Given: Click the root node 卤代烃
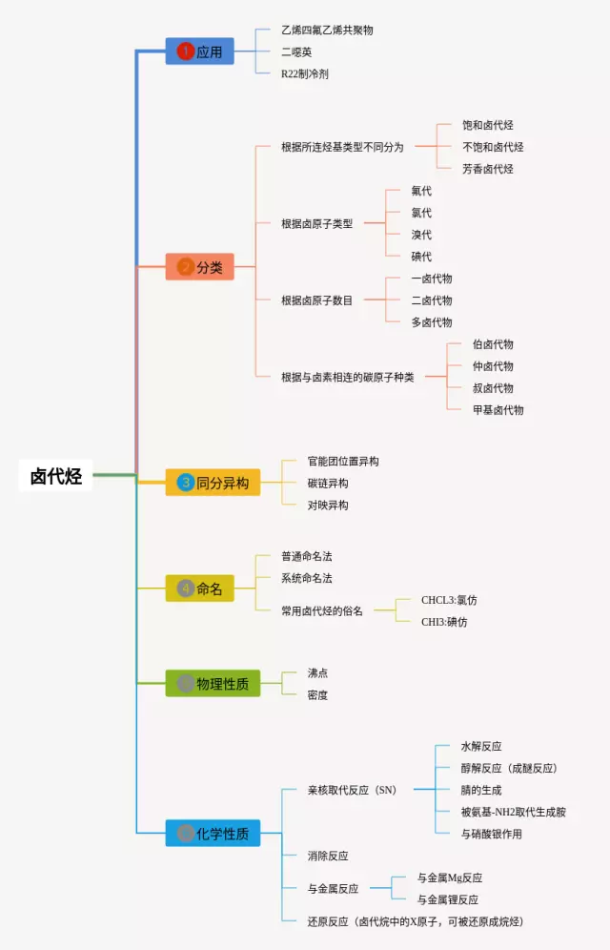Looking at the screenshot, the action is pos(55,476).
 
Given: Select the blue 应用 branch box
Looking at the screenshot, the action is pos(200,52).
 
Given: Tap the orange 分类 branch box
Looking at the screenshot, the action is pos(200,267).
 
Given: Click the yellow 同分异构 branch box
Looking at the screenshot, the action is pos(213,483).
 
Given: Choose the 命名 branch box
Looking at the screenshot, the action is pos(200,589).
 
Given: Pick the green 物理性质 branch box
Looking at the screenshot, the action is pos(213,684).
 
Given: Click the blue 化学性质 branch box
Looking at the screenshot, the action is pos(213,833).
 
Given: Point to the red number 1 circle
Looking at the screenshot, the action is pos(185,52).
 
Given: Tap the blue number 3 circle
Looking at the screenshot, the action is pos(185,483).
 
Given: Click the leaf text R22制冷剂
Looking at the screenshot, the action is pos(305,73).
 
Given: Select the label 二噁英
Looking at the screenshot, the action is pos(296,52).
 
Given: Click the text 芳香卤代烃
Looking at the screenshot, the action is pos(488,169).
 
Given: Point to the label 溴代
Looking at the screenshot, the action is pos(421,235).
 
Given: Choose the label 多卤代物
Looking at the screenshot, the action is pos(432,322).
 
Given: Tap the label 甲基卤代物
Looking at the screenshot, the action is pos(498,410).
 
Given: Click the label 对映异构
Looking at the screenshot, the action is pos(327,506).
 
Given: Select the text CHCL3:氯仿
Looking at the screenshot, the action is pos(449,600).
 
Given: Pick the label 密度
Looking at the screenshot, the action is pos(317,695).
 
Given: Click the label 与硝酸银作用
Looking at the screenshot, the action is pos(492,835).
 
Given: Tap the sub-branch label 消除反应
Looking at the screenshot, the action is pos(327,857).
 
